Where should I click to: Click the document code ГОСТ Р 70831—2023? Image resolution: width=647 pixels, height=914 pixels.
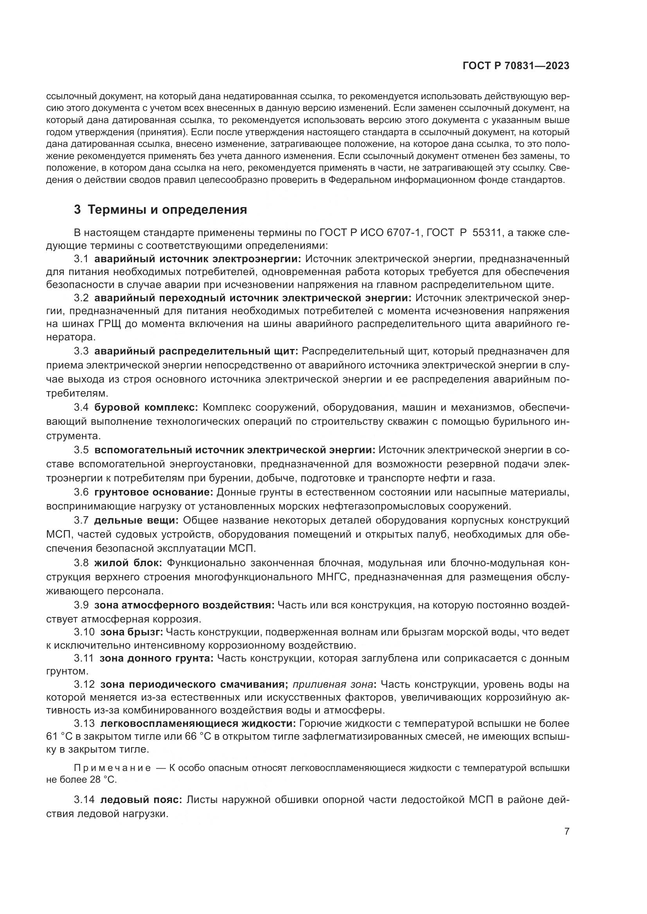[x=516, y=66]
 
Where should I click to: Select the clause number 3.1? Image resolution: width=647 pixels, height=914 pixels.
[x=81, y=259]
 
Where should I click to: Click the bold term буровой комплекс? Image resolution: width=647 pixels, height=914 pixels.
[x=146, y=408]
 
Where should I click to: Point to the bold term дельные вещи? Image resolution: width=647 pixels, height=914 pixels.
[x=137, y=520]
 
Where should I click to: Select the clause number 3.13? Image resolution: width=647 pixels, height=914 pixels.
[x=84, y=723]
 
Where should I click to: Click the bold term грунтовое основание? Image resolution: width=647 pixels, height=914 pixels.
[x=154, y=492]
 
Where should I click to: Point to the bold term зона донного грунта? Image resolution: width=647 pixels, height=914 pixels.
[x=156, y=658]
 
